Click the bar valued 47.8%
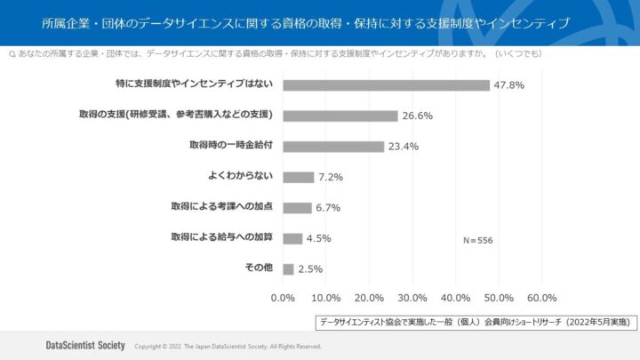point(386,85)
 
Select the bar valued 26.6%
point(340,116)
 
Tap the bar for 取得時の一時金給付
point(332,147)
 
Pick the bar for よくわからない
point(298,177)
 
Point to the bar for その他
point(288,268)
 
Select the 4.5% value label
point(319,238)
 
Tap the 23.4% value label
point(403,147)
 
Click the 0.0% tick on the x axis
point(283,298)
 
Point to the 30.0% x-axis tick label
point(412,298)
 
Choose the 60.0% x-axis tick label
point(542,298)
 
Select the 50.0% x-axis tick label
point(499,298)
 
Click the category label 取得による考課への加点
point(221,206)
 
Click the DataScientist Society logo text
point(85,345)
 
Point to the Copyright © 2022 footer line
point(228,346)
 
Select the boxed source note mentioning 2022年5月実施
point(476,321)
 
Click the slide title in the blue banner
point(306,21)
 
